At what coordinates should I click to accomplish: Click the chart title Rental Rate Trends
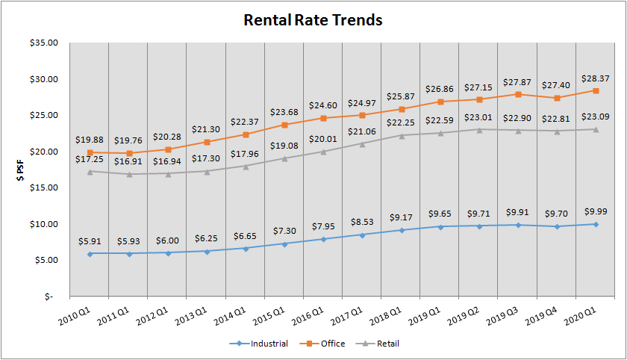click(x=313, y=20)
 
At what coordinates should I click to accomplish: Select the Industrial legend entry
click(x=261, y=344)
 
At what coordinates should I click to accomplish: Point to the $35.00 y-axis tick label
click(x=43, y=43)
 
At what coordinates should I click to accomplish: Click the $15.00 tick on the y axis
click(x=43, y=187)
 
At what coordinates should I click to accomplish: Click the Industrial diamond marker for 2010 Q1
click(x=90, y=253)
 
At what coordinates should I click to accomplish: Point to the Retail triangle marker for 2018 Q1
click(x=402, y=135)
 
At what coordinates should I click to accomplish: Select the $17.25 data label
click(x=90, y=159)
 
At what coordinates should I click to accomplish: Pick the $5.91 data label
click(x=90, y=240)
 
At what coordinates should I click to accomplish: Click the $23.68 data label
click(x=284, y=112)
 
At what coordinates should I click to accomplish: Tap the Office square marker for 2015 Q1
click(x=284, y=125)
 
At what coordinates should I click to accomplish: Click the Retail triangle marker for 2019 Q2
click(x=480, y=129)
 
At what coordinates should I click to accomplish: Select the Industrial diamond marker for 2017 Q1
click(x=363, y=235)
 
